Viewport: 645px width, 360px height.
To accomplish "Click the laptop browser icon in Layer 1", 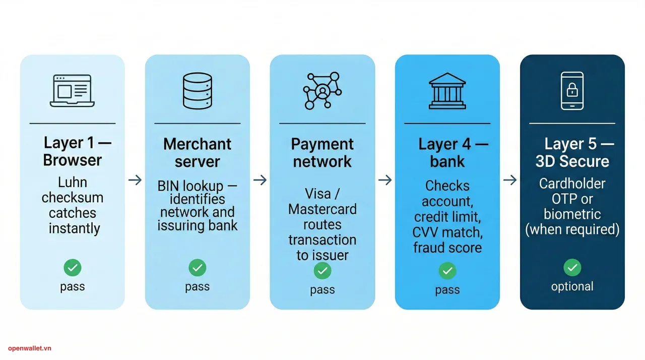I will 73,91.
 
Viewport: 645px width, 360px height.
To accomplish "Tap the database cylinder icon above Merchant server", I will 197,91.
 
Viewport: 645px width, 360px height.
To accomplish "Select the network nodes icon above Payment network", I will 322,91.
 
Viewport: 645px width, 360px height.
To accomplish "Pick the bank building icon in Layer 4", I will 447,91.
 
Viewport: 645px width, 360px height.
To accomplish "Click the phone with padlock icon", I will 572,91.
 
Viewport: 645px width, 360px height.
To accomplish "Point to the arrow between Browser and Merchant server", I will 135,180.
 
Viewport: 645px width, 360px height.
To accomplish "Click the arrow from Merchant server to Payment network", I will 260,180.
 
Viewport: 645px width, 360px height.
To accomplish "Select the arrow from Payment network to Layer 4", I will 385,180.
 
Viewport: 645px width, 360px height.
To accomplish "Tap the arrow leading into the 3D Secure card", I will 510,180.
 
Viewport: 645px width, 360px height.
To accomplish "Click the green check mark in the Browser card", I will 73,268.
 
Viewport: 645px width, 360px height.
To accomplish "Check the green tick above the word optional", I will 572,268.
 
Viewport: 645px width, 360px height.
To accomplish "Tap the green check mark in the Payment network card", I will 322,271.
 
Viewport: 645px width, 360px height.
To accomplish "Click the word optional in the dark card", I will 572,286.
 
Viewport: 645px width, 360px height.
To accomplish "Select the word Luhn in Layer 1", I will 73,182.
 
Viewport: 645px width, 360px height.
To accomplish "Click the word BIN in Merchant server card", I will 168,186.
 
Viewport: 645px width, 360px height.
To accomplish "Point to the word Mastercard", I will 322,209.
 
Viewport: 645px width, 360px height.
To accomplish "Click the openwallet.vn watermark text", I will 30,348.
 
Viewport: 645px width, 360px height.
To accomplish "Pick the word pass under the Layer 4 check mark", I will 447,290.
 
